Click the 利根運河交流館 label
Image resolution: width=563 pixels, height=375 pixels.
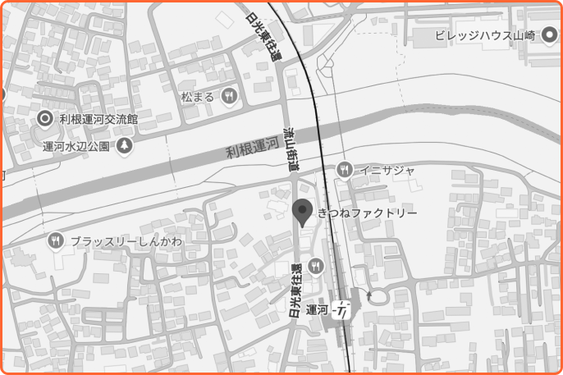click(98, 118)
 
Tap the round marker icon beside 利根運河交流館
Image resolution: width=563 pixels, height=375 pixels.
click(46, 118)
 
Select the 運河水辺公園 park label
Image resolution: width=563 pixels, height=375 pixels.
click(76, 146)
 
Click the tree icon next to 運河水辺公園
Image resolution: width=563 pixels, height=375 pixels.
click(124, 145)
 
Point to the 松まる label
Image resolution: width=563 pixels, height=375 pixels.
click(198, 97)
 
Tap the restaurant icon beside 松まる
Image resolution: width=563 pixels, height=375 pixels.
click(229, 96)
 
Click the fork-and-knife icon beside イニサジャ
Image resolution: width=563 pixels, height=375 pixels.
click(345, 170)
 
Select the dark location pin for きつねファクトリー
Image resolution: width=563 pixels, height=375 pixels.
click(303, 212)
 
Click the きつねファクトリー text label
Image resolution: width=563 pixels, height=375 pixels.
click(368, 213)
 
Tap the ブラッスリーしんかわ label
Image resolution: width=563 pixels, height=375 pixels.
click(126, 241)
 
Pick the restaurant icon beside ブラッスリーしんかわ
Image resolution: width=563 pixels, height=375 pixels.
click(56, 240)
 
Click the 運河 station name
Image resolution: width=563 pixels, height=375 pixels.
click(317, 310)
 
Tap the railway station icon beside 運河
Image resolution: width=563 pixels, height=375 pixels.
click(345, 311)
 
